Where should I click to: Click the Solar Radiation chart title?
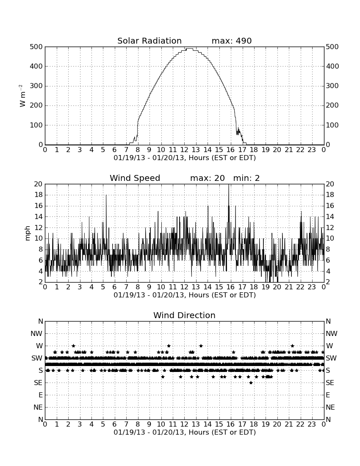tap(150, 41)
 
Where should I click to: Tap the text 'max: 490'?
tap(232, 41)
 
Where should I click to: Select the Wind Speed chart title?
tap(135, 178)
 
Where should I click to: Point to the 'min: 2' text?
tap(246, 178)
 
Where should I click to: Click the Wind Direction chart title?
tap(184, 315)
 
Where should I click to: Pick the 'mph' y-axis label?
tap(28, 233)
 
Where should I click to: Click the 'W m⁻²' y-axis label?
tap(22, 96)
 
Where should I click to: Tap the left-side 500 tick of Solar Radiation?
tap(36, 47)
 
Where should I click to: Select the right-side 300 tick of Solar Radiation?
tap(332, 86)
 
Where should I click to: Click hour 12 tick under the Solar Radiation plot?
tap(184, 150)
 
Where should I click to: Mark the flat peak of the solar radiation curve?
tap(189, 48)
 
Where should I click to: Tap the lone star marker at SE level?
tap(251, 383)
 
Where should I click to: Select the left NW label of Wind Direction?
tap(36, 334)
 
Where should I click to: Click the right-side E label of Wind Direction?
tap(328, 395)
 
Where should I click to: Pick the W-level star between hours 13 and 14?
tap(201, 346)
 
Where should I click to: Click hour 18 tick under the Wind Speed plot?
tap(254, 287)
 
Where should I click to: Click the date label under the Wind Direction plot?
tap(185, 432)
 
